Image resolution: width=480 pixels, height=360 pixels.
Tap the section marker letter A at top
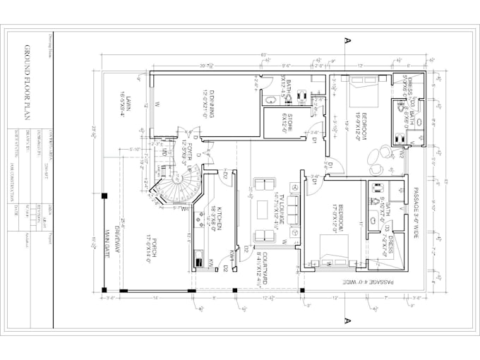(347, 40)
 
